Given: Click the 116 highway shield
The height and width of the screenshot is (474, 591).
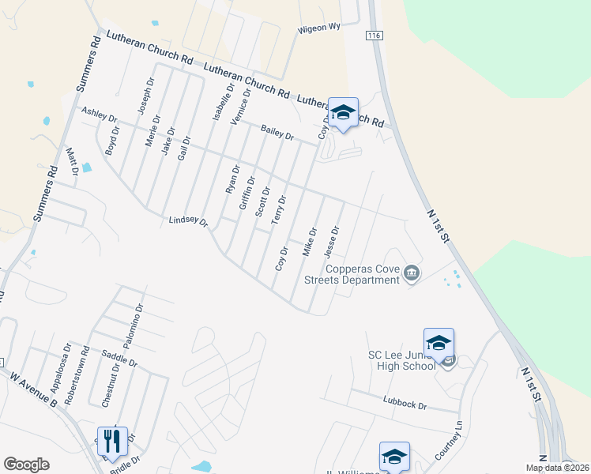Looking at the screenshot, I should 374,36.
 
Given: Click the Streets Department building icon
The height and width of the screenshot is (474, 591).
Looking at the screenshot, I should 411,274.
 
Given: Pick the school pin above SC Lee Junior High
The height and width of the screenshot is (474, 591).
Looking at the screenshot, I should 439,344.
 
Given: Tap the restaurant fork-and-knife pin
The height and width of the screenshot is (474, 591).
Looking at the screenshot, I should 111,442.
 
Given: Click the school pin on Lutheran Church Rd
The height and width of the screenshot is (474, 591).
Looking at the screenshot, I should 343,114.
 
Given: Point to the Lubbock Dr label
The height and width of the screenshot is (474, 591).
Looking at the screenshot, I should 405,404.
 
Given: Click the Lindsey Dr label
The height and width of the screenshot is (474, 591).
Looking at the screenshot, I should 188,222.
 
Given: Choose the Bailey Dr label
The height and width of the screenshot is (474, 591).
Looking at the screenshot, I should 277,132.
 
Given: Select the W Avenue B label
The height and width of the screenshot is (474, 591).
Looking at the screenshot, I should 33,390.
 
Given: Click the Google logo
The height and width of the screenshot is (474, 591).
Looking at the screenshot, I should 26,465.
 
